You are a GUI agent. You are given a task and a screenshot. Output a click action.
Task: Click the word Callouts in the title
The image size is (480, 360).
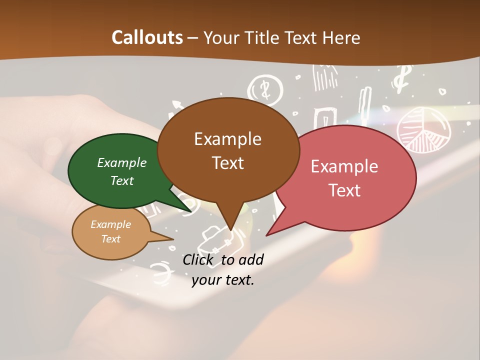point(147,37)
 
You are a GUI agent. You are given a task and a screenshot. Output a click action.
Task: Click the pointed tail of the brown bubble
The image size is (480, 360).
point(230,227)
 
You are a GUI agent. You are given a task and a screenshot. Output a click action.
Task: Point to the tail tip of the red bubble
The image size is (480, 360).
point(267,234)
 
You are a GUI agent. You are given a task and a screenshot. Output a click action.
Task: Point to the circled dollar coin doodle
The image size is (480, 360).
point(265,89)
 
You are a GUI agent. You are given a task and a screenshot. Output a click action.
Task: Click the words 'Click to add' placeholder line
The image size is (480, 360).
point(223,259)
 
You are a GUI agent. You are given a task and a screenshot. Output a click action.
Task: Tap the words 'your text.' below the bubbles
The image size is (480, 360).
point(223,280)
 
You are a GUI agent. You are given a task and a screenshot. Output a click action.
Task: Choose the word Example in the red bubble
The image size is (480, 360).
point(344,166)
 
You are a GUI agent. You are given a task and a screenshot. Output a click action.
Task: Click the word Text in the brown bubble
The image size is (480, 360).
point(228,162)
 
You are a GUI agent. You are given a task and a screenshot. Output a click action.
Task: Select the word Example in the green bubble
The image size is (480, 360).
point(122,162)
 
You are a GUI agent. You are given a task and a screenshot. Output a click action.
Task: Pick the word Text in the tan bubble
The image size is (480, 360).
point(111,239)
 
